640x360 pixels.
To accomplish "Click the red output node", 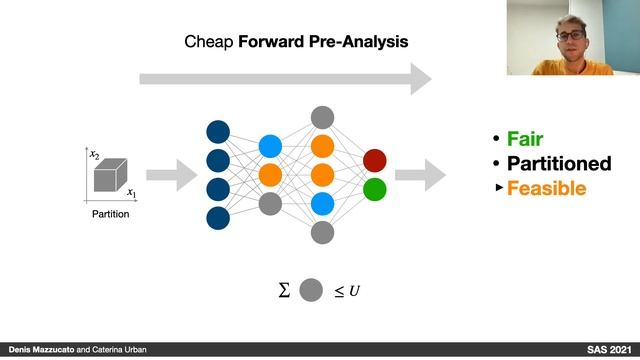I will coord(375,160).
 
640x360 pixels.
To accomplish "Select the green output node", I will coord(375,189).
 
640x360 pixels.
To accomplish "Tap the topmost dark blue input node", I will coord(217,131).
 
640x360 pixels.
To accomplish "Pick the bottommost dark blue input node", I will coord(217,218).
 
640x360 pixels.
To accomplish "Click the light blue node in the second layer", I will coord(270,146).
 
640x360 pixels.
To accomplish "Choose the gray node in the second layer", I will coord(270,204).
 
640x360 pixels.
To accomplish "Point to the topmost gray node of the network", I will coord(322,117).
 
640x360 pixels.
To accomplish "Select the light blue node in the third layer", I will coord(322,204).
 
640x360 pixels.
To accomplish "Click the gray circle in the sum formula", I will coord(312,291).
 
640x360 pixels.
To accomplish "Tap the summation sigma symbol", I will coord(283,291).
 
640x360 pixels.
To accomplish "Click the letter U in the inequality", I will coord(354,292).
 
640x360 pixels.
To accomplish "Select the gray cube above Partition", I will coord(110,177).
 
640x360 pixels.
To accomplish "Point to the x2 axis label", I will coord(93,154).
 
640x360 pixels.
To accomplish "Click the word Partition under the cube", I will coord(111,213).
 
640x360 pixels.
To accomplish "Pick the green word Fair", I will coord(524,139).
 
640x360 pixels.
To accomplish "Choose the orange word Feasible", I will coord(546,187).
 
